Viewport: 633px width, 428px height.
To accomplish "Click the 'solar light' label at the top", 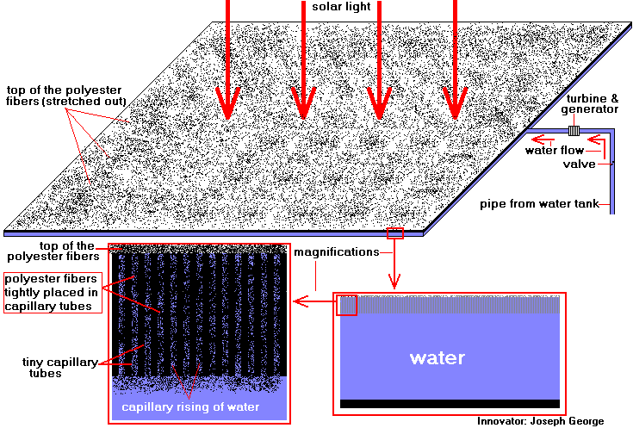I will [x=344, y=7].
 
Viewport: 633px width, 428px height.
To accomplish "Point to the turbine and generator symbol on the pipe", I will [x=574, y=131].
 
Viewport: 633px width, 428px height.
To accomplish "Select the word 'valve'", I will [x=579, y=164].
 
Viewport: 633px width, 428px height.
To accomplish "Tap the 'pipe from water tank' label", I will [x=543, y=205].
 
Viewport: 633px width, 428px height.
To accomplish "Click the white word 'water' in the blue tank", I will [x=438, y=357].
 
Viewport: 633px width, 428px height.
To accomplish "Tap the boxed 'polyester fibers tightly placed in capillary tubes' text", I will [x=53, y=293].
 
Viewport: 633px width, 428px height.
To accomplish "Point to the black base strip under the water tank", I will [x=450, y=403].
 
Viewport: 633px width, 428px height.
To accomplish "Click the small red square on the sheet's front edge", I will [x=395, y=233].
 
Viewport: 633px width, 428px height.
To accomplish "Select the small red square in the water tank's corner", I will [x=346, y=305].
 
